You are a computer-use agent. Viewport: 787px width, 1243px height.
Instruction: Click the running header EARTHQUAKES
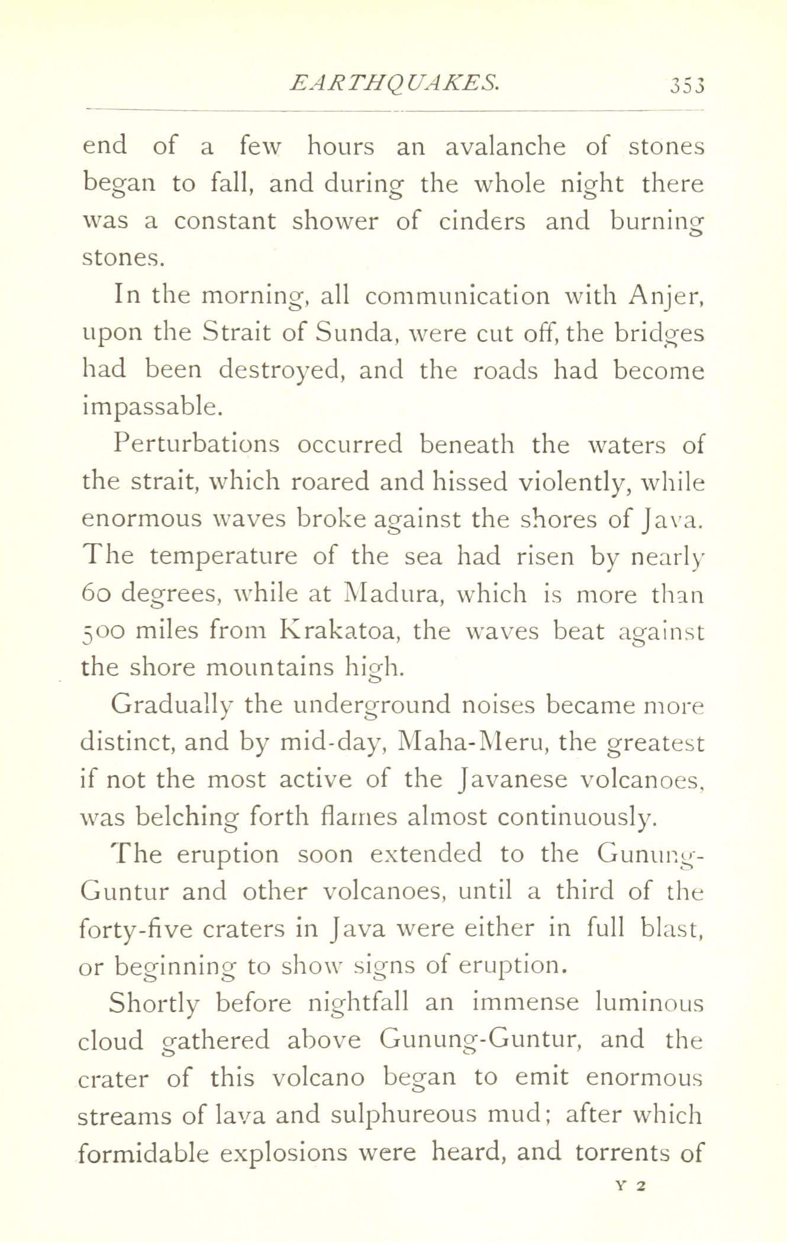click(x=395, y=82)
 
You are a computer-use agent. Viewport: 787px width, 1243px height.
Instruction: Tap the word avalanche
click(x=505, y=147)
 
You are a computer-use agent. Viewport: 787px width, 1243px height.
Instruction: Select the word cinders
click(x=482, y=221)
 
